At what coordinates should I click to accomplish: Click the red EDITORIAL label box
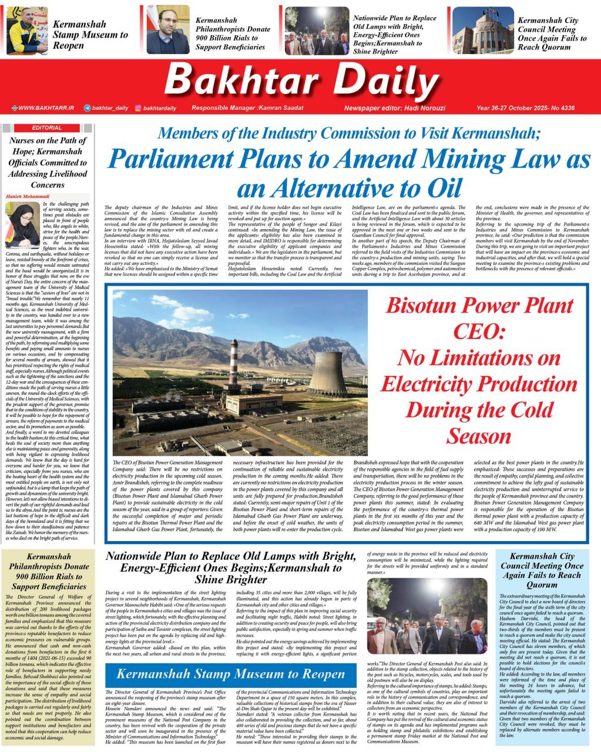pyautogui.click(x=46, y=127)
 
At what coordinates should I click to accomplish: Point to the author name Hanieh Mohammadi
pyautogui.click(x=28, y=196)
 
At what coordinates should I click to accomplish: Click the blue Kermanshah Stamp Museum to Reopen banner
pyautogui.click(x=230, y=674)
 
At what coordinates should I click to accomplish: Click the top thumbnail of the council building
pyautogui.click(x=482, y=31)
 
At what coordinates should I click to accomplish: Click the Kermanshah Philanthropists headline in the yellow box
pyautogui.click(x=48, y=571)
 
